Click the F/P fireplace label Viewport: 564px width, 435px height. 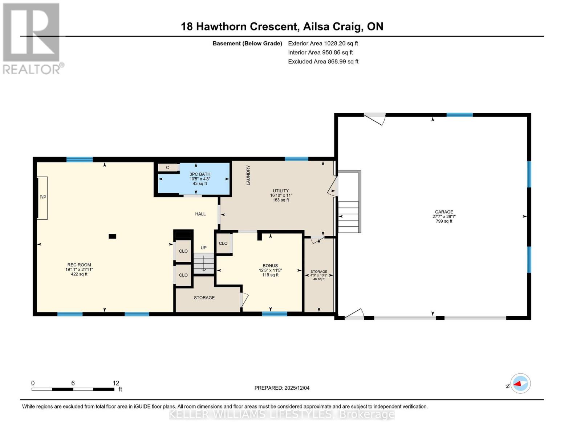click(43, 197)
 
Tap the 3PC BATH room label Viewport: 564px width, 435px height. click(200, 174)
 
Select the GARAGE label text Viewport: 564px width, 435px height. click(444, 212)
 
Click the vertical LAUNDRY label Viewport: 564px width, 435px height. click(248, 175)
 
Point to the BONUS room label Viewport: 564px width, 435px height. click(270, 266)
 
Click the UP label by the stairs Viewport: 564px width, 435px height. click(203, 248)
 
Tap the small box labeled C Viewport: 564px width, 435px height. click(168, 167)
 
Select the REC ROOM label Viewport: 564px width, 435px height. click(79, 265)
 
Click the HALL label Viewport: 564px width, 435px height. click(200, 214)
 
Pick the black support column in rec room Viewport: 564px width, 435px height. click(113, 236)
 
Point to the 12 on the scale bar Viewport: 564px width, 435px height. click(116, 383)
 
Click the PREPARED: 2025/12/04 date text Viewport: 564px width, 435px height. click(282, 388)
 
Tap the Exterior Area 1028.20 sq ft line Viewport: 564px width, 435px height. click(323, 43)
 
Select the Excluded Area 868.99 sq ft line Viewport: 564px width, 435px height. click(323, 62)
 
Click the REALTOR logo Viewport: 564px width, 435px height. click(32, 38)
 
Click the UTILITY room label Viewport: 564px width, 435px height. click(281, 191)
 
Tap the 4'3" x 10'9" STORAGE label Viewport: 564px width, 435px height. click(319, 275)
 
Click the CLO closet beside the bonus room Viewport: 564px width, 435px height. click(223, 244)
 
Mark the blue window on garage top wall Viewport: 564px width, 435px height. click(459, 115)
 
